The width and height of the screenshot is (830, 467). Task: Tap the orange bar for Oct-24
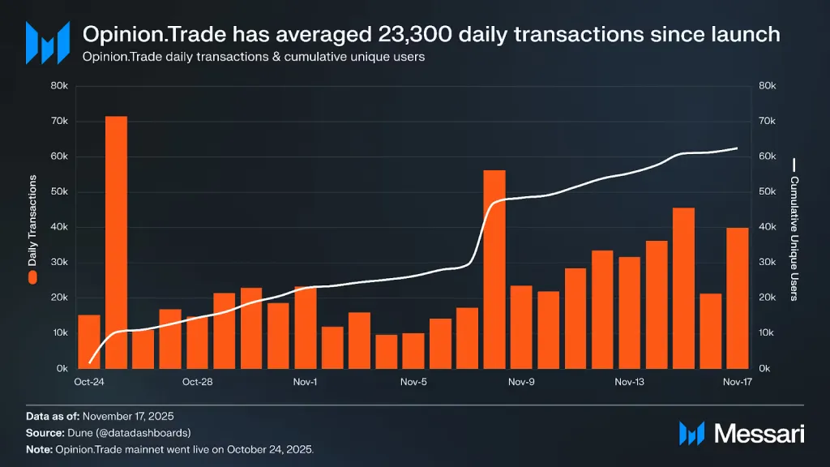tap(89, 341)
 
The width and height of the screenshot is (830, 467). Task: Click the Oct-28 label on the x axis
tap(197, 381)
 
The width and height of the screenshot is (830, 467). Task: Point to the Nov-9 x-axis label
tap(521, 381)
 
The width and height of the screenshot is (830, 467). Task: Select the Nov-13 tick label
tap(629, 381)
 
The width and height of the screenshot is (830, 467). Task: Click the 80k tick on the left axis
tap(58, 86)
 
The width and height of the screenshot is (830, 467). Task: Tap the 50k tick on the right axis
tap(768, 192)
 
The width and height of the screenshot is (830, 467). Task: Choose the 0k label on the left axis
tap(61, 369)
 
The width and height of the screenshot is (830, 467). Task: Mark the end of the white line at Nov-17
tap(737, 148)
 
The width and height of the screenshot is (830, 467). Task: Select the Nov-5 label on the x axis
tap(413, 381)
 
